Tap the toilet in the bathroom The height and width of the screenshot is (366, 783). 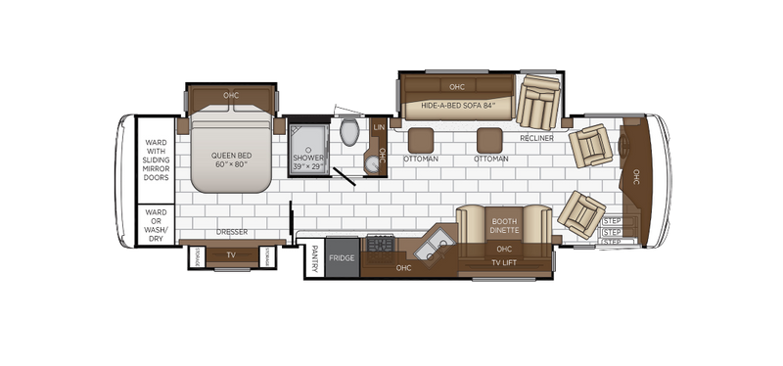pyautogui.click(x=349, y=133)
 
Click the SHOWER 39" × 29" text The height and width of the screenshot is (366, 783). pyautogui.click(x=311, y=162)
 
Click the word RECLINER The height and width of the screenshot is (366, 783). pyautogui.click(x=537, y=139)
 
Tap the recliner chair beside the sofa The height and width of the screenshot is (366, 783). pyautogui.click(x=536, y=100)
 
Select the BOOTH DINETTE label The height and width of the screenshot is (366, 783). pyautogui.click(x=504, y=226)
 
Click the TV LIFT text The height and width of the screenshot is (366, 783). pyautogui.click(x=505, y=262)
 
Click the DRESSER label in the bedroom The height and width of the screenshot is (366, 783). pyautogui.click(x=232, y=232)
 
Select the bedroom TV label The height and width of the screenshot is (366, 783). pyautogui.click(x=231, y=255)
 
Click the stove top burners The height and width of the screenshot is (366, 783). pyautogui.click(x=379, y=245)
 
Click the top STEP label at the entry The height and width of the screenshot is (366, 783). pyautogui.click(x=612, y=221)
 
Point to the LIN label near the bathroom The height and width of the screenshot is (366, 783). pyautogui.click(x=380, y=126)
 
